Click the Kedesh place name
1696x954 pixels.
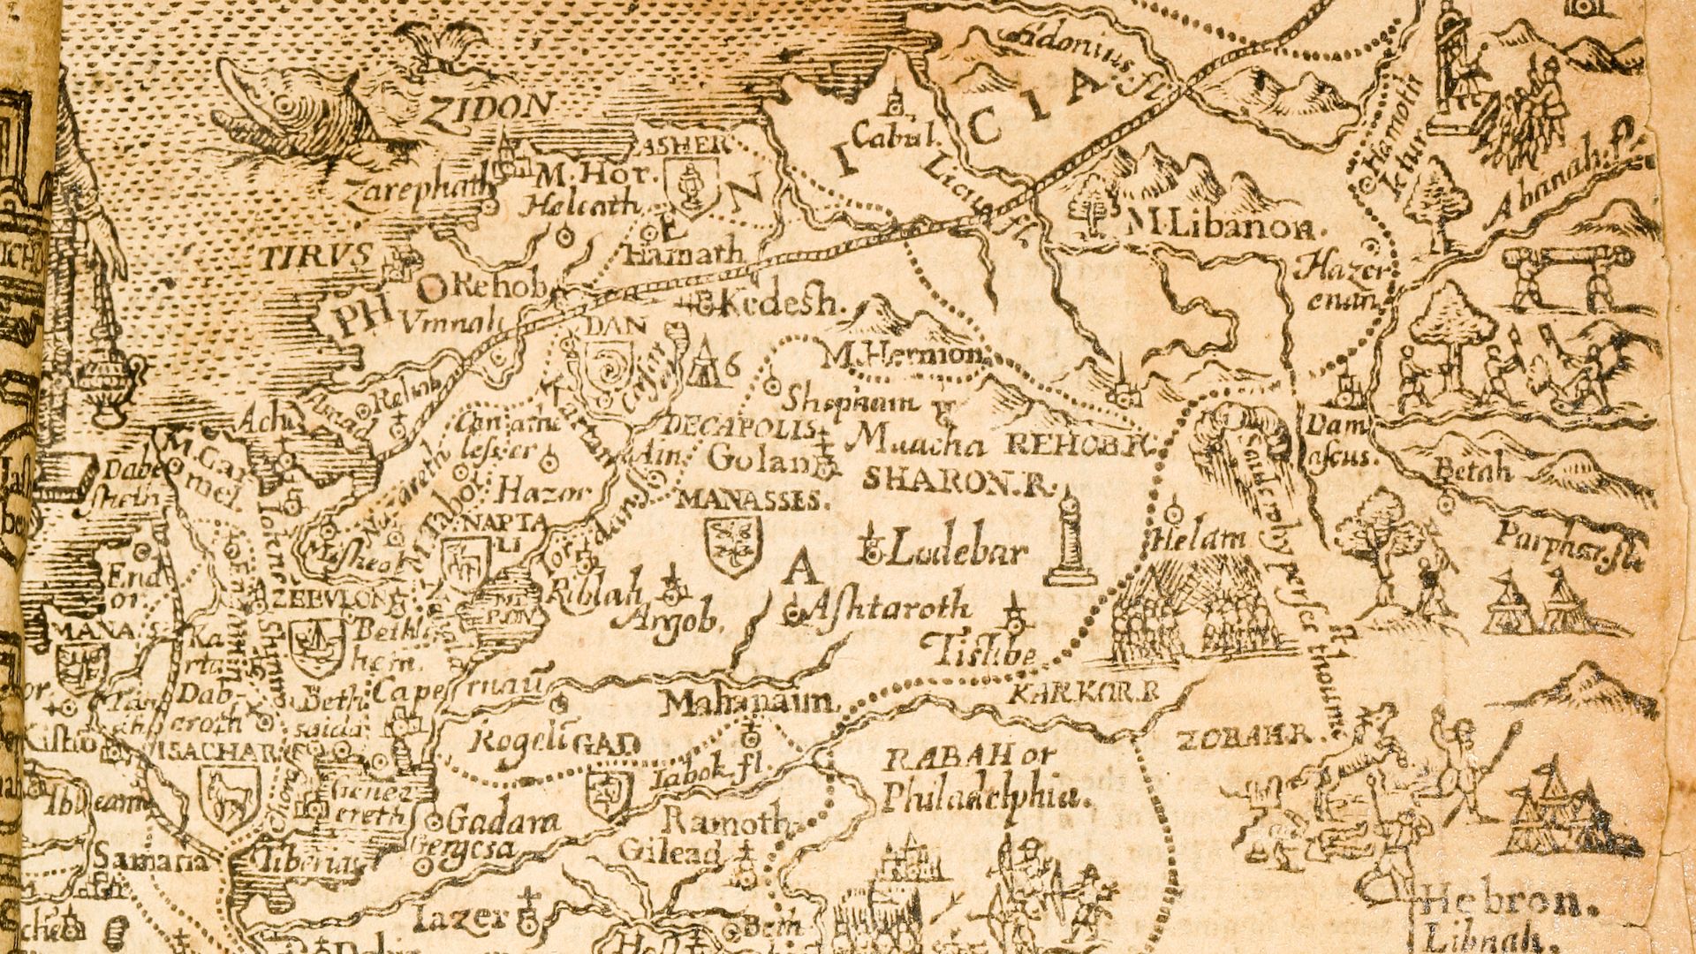pos(779,304)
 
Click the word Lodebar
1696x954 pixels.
pos(958,553)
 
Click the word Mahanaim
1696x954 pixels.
pos(749,703)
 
